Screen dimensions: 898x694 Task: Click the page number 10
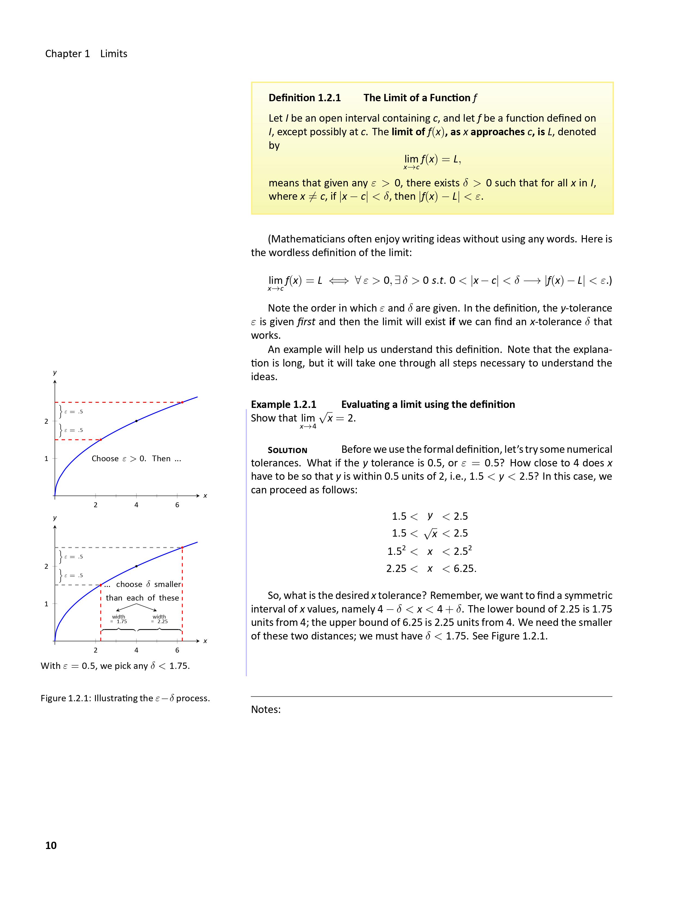[x=51, y=845]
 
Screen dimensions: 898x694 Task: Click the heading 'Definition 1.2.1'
[x=305, y=98]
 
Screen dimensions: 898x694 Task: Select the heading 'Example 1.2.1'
[x=284, y=405]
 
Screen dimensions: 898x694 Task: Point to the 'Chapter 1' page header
[x=67, y=54]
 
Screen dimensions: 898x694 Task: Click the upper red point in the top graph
[x=182, y=402]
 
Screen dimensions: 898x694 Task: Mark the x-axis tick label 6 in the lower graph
[x=177, y=650]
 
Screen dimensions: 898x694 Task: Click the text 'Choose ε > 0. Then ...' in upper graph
[x=136, y=459]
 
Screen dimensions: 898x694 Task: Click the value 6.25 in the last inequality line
[x=464, y=569]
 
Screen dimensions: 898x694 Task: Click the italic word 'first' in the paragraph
[x=306, y=322]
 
